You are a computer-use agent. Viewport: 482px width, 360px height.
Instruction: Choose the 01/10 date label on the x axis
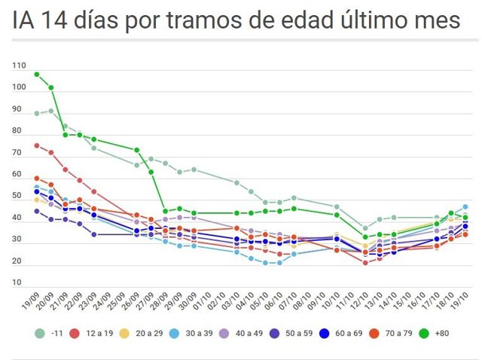(199, 302)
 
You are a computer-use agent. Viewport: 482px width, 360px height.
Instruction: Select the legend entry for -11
(53, 333)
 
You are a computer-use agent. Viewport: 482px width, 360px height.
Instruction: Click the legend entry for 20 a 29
(152, 333)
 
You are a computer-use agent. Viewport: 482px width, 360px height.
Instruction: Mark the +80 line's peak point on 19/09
(36, 75)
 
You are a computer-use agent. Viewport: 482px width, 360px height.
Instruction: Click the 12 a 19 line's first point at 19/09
(36, 145)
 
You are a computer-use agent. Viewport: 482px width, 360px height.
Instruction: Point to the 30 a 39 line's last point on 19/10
(465, 206)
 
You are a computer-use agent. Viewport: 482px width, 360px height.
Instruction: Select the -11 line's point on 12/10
(365, 228)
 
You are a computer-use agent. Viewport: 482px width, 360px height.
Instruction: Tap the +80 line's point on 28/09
(165, 212)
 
